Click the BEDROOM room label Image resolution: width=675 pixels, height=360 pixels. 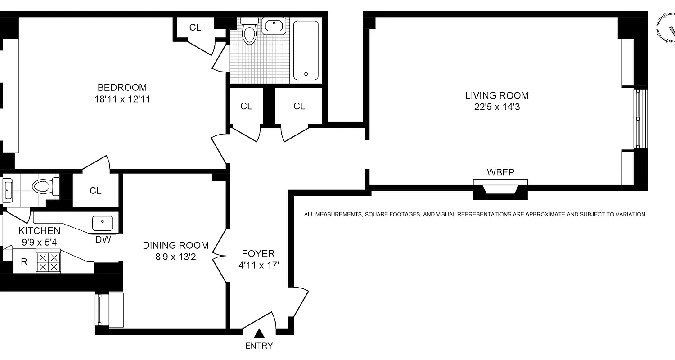pos(122,87)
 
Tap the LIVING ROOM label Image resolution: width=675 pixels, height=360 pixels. pos(497,95)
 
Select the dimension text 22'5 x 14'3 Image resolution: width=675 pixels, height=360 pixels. pos(497,107)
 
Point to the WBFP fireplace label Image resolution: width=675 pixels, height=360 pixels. pos(500,172)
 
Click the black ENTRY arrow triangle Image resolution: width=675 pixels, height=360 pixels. pos(259,333)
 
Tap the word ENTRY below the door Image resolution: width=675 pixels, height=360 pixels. pos(259,346)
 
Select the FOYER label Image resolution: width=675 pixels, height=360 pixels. pos(257,254)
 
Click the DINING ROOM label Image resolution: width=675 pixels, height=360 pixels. pos(175,245)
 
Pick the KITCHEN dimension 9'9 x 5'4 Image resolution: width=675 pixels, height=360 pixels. pos(39,243)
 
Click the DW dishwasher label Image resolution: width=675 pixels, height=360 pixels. pos(103,239)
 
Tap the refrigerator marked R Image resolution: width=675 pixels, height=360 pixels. pos(24,262)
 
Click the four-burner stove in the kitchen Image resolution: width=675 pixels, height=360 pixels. pos(48,262)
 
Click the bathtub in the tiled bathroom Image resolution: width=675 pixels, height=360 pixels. pos(306,49)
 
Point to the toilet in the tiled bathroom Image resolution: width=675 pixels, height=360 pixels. pos(249,31)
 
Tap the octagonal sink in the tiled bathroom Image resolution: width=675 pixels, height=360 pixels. pos(274,26)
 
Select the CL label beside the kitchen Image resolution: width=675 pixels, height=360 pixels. pos(95,191)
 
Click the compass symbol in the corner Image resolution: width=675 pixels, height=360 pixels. pos(666,28)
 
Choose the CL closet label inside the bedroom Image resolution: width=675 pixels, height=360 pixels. pos(195,27)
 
